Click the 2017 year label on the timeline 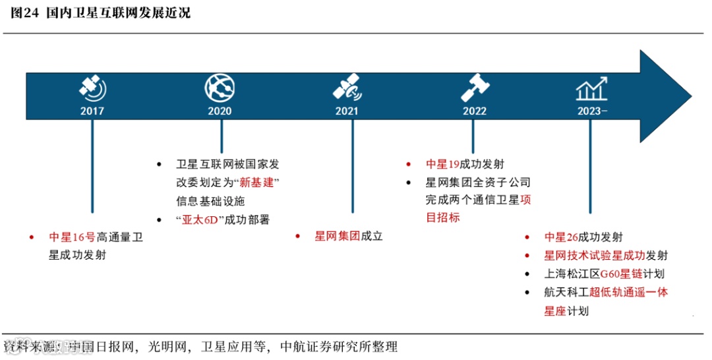tap(92, 111)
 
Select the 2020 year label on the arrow tap(220, 111)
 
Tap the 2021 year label tap(347, 111)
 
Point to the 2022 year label tap(474, 111)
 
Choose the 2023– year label tap(591, 111)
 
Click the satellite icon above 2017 tap(93, 87)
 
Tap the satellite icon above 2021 tap(347, 87)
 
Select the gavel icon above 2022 tap(474, 87)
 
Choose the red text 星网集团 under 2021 tap(337, 235)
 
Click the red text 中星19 tap(442, 164)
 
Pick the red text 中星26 tap(561, 237)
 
